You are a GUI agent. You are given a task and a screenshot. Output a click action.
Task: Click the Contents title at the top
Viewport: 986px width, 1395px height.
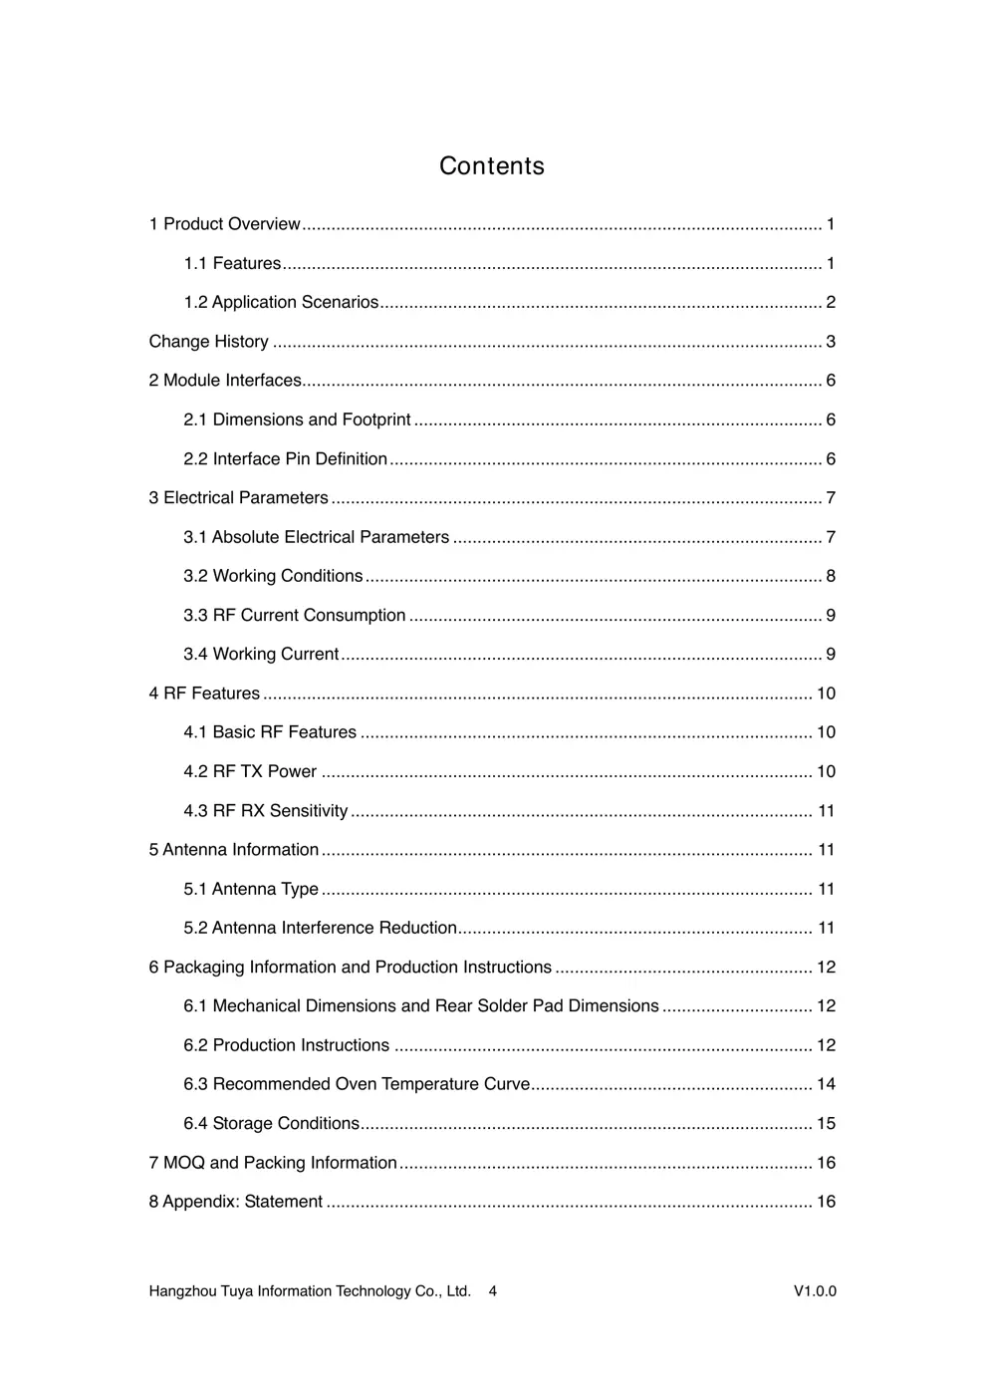(492, 165)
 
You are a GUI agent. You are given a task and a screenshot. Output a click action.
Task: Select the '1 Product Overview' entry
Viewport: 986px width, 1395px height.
(225, 224)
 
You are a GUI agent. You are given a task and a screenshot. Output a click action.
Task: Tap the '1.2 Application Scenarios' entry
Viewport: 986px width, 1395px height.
(281, 302)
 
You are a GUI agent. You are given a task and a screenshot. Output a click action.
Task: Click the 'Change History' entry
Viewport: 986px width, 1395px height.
(209, 342)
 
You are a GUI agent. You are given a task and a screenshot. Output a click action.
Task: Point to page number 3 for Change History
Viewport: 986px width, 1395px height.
(831, 342)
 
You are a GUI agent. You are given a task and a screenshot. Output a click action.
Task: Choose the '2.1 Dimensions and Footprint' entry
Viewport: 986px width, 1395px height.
(297, 419)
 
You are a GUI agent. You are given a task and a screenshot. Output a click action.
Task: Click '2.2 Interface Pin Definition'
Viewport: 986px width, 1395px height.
(285, 458)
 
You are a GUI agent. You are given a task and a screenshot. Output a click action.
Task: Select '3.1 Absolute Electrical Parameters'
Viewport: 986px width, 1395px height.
(316, 537)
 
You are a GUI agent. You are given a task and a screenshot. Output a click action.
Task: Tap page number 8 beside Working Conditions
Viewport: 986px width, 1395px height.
(831, 576)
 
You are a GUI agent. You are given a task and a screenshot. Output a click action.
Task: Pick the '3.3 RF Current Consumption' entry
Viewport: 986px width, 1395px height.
(294, 615)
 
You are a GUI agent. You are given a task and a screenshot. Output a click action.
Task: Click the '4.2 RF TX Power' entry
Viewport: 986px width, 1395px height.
(250, 771)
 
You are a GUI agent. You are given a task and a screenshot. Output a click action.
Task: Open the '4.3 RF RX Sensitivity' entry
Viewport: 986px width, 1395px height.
(265, 811)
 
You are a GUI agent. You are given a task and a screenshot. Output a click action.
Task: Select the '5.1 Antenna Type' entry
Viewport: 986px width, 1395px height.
(251, 889)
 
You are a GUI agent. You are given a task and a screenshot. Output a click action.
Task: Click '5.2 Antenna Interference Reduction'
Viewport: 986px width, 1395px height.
(320, 928)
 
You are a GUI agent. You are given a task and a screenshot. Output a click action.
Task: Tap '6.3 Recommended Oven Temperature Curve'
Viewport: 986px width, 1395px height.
(357, 1084)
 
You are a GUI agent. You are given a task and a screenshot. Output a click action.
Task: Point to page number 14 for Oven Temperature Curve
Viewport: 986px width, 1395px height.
(826, 1084)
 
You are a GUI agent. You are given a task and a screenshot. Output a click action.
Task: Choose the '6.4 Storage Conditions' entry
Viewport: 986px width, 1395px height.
(271, 1123)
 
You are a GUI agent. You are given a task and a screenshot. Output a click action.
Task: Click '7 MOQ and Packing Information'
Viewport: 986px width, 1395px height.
(273, 1163)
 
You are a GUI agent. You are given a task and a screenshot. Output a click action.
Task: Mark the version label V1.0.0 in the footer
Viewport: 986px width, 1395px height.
(815, 1291)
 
